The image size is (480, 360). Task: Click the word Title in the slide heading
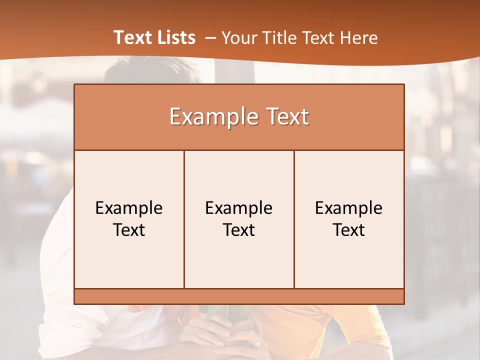click(x=283, y=38)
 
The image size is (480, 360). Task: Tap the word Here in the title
click(x=358, y=38)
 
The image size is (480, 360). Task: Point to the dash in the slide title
click(x=210, y=38)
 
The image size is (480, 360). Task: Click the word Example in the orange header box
click(x=212, y=117)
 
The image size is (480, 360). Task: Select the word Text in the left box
click(x=129, y=230)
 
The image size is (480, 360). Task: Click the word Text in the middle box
click(x=239, y=230)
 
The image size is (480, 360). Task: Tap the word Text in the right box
click(x=349, y=230)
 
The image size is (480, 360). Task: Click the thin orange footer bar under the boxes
click(x=239, y=296)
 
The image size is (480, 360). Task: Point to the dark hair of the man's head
click(x=150, y=70)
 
